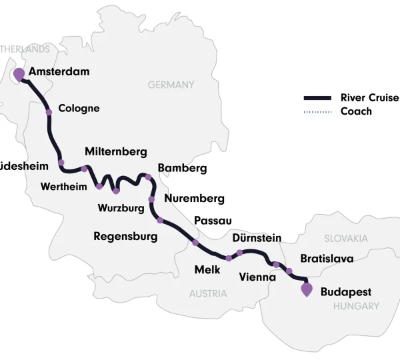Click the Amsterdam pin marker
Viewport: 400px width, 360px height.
[x=19, y=73]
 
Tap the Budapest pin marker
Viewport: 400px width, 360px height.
[x=307, y=290]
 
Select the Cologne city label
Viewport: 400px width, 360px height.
[x=79, y=109]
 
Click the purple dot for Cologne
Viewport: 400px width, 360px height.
[x=49, y=112]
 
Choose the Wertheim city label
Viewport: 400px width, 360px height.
[x=63, y=186]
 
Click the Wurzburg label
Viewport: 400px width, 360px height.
[x=121, y=209]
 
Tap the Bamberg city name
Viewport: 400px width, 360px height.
[x=182, y=168]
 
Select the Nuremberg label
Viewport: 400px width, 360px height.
[x=194, y=199]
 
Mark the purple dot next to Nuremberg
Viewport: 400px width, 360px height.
[x=151, y=199]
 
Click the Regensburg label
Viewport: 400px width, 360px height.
[x=125, y=236]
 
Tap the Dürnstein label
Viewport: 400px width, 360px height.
[x=257, y=238]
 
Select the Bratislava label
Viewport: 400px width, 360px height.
[x=327, y=258]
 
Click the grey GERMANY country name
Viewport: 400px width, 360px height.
[x=171, y=85]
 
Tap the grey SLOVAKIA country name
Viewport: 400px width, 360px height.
[x=346, y=238]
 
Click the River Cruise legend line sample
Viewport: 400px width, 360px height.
[x=317, y=98]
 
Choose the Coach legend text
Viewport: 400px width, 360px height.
[x=356, y=111]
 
